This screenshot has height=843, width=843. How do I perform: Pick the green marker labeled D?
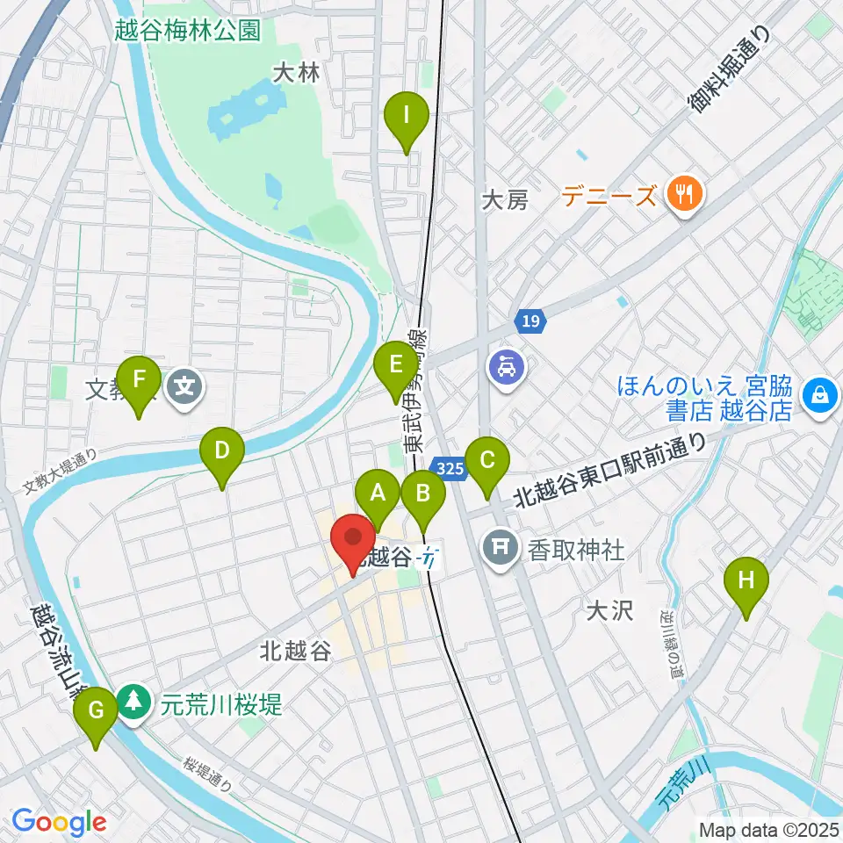pyautogui.click(x=222, y=454)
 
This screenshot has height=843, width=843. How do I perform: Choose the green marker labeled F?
pyautogui.click(x=139, y=382)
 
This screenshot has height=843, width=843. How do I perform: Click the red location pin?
pyautogui.click(x=353, y=540)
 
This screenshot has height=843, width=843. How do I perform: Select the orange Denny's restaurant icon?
pyautogui.click(x=682, y=192)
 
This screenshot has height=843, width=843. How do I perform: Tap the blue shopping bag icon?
pyautogui.click(x=819, y=395)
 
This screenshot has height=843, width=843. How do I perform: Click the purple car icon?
pyautogui.click(x=506, y=364)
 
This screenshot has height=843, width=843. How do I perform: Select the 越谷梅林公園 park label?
pyautogui.click(x=187, y=30)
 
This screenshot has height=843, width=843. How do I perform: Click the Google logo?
pyautogui.click(x=59, y=822)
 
